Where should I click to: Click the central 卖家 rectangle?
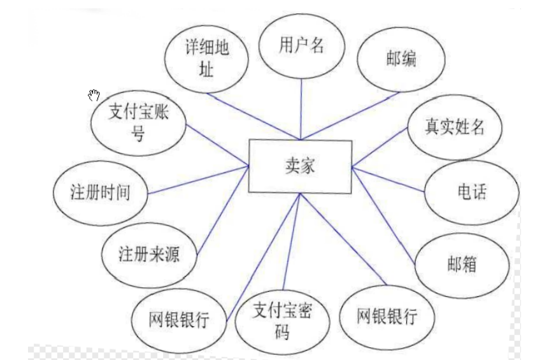click(x=299, y=166)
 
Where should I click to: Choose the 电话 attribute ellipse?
click(x=471, y=191)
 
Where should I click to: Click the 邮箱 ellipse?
click(x=462, y=264)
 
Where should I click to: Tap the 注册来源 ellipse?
click(x=149, y=255)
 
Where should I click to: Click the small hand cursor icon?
click(x=95, y=96)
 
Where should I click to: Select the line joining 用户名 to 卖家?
click(x=301, y=108)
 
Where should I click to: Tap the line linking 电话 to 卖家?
click(x=389, y=180)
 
